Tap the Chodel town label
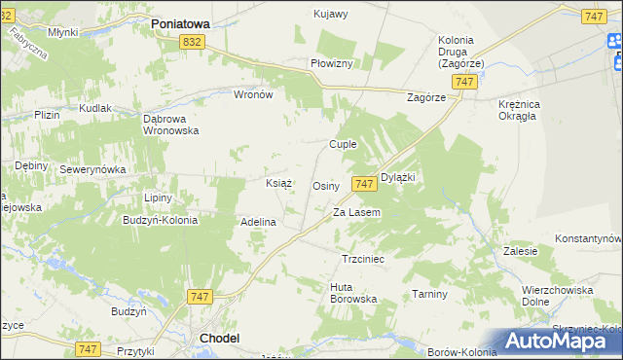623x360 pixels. tap(219, 338)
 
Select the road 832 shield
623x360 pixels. tap(193, 42)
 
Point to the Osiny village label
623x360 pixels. tap(325, 186)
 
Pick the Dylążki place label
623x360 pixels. tap(398, 177)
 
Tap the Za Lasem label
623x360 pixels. tap(356, 212)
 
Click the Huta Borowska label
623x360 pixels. tap(353, 292)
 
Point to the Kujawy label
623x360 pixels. tap(331, 14)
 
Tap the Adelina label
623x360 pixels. tap(259, 222)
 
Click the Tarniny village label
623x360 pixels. tap(428, 294)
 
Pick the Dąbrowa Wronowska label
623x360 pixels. tap(171, 123)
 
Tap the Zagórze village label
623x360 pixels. tap(425, 98)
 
